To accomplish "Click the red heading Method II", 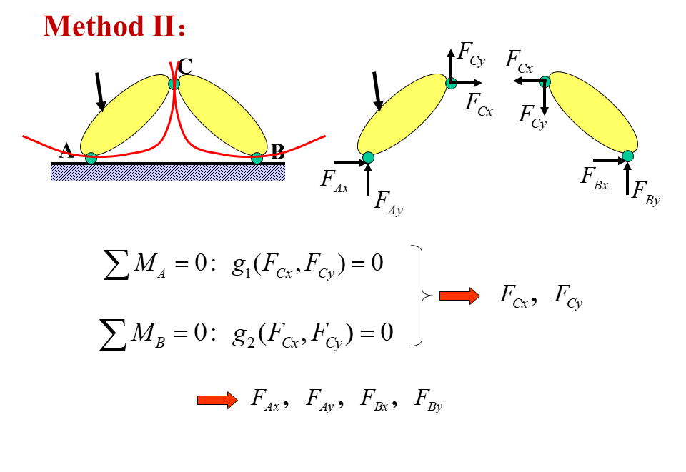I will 114,26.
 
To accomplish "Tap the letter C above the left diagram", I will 184,66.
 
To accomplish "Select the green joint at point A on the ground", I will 91,158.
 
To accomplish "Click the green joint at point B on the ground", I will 257,158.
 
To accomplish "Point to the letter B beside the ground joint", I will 278,151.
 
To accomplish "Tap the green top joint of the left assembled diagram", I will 174,84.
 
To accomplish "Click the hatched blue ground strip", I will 168,173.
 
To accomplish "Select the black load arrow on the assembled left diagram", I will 101,92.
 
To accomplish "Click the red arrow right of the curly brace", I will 459,296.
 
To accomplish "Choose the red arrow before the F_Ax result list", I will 217,400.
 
